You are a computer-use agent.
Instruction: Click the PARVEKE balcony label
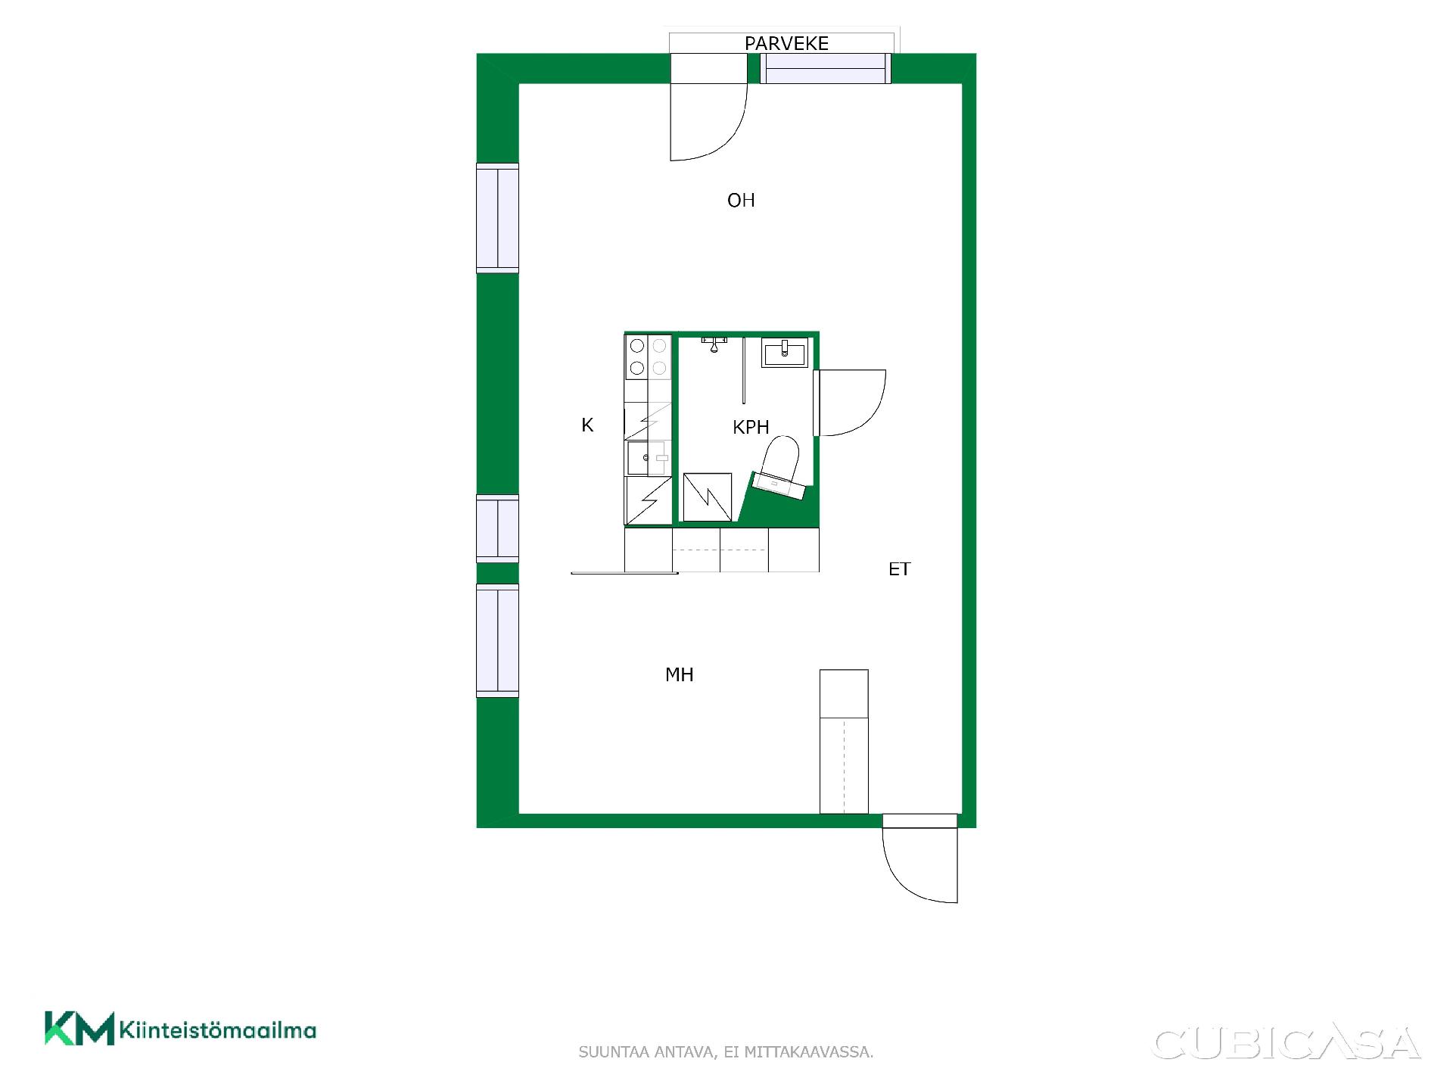click(x=786, y=43)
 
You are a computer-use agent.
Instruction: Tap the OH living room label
click(x=741, y=200)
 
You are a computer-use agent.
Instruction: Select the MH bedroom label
click(x=679, y=674)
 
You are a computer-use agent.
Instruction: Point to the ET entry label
click(x=899, y=569)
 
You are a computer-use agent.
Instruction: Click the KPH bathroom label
click(x=751, y=427)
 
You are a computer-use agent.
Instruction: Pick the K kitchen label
click(x=587, y=425)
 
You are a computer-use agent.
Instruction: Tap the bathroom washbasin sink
click(x=785, y=352)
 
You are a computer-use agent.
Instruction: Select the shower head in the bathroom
click(x=714, y=344)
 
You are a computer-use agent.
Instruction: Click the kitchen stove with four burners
click(x=649, y=357)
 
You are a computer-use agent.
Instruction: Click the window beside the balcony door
click(x=825, y=68)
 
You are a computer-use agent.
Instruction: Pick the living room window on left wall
click(x=497, y=218)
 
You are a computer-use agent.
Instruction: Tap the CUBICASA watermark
click(x=1286, y=1043)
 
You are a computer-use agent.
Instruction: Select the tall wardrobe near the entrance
click(x=844, y=742)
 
